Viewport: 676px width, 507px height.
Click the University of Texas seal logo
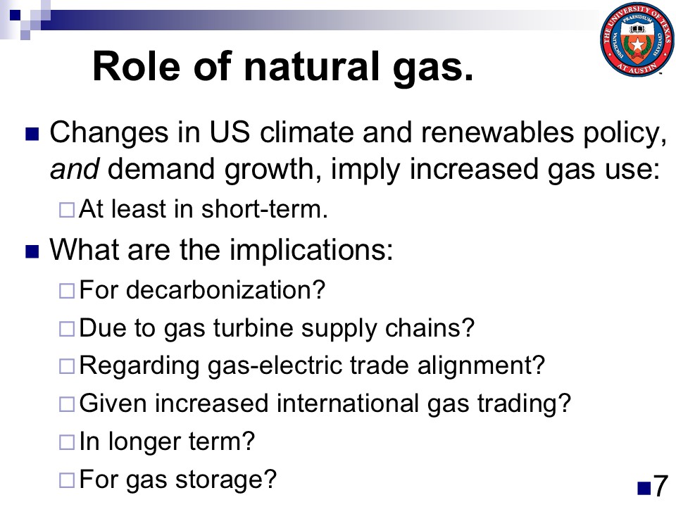tap(637, 39)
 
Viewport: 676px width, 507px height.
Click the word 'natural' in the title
tap(311, 66)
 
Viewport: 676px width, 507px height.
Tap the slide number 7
tap(660, 486)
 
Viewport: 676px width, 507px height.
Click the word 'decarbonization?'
tap(225, 289)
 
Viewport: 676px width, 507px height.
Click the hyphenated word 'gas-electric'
tap(274, 366)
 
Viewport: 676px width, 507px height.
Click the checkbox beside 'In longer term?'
tap(67, 442)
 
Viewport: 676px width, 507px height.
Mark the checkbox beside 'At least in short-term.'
tap(67, 210)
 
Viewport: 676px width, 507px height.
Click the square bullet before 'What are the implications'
tap(32, 251)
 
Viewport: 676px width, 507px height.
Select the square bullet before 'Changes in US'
tap(32, 134)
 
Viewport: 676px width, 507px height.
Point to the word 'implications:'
tap(311, 250)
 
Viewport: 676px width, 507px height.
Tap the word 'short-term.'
tap(264, 209)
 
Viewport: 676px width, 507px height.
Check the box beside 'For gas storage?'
tap(67, 480)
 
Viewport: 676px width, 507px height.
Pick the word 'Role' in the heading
tap(136, 66)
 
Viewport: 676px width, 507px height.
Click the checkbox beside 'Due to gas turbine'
tap(67, 329)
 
